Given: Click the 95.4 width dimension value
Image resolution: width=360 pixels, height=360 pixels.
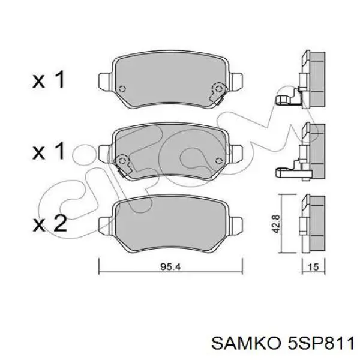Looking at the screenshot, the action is pyautogui.click(x=170, y=267).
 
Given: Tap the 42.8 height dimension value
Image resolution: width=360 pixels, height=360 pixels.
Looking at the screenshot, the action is pyautogui.click(x=275, y=224).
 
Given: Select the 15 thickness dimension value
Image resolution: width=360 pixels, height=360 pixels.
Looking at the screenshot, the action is pyautogui.click(x=313, y=267).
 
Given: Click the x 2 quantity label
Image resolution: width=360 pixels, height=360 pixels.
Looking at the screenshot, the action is pyautogui.click(x=50, y=223).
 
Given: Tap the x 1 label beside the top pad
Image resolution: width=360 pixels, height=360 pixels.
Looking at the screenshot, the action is pyautogui.click(x=49, y=79).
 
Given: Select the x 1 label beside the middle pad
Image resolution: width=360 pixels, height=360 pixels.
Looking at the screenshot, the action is pyautogui.click(x=49, y=151).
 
